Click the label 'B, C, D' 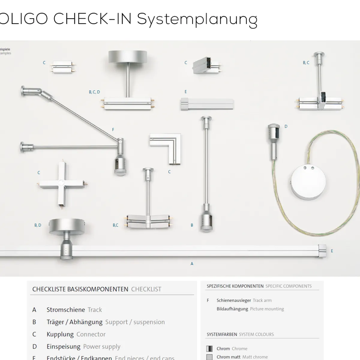[x=94, y=92]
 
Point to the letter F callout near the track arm [x=113, y=130]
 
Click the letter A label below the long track [x=192, y=264]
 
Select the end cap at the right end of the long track [x=322, y=251]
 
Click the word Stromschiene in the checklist [x=65, y=310]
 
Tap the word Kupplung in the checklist [x=60, y=334]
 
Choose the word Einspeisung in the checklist [x=63, y=346]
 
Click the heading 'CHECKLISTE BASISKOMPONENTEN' [x=80, y=289]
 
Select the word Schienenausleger [x=234, y=300]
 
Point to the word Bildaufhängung [x=232, y=309]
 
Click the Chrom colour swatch [x=209, y=349]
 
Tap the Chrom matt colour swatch [x=209, y=357]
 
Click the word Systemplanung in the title [x=197, y=19]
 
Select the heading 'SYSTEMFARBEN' [x=222, y=334]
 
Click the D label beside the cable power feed [x=286, y=126]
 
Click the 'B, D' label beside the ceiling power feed [x=38, y=225]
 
